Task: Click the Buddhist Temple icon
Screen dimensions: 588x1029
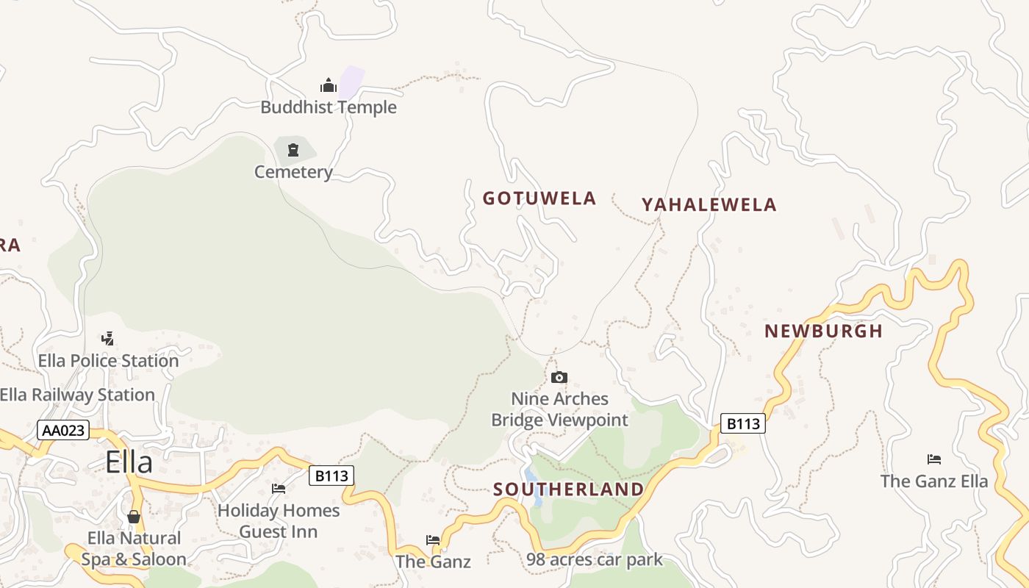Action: (329, 85)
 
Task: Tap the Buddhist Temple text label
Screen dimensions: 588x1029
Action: (329, 107)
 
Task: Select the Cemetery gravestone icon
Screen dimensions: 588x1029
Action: (293, 150)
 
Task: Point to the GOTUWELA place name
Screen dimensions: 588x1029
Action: (539, 198)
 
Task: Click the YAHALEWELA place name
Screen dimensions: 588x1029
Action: (709, 205)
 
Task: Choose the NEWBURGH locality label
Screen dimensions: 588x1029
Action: (823, 331)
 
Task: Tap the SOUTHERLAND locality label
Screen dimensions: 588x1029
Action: (568, 490)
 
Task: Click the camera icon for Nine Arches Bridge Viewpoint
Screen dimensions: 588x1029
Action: (559, 378)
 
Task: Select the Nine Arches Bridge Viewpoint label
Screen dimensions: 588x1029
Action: (560, 409)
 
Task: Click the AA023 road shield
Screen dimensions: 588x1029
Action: (63, 431)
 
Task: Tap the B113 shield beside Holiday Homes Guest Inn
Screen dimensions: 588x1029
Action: (331, 476)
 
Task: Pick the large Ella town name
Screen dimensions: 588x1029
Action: (129, 462)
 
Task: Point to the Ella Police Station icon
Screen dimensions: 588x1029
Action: (108, 339)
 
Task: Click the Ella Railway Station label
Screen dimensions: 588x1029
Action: (77, 395)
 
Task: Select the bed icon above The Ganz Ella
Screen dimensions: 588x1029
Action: (934, 459)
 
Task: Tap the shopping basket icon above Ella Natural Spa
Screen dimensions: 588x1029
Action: (134, 517)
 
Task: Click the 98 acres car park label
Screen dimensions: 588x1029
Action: (594, 560)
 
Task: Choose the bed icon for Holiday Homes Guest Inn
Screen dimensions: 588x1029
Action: (279, 488)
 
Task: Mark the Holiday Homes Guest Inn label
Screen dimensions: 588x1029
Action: (279, 520)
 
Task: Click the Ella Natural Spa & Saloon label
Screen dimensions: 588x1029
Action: (134, 549)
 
